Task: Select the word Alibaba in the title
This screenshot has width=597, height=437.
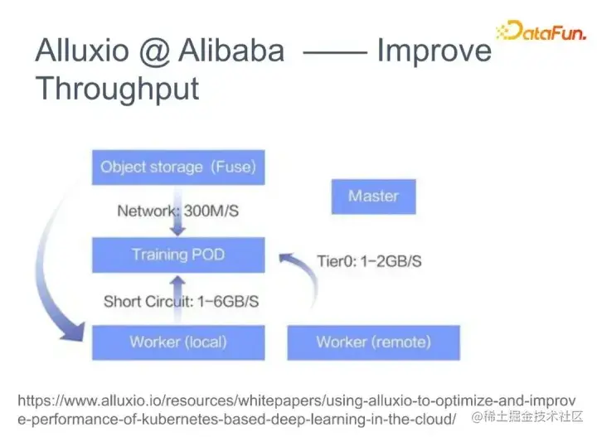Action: pos(229,51)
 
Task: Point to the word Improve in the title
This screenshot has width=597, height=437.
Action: pos(434,52)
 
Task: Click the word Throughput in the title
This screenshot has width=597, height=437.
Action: pos(117,88)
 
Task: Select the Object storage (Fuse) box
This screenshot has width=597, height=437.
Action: pos(178,167)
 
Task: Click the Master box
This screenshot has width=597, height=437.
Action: pos(373,197)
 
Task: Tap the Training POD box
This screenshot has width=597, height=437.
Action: pos(178,255)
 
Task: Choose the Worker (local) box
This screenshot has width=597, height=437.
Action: pos(178,342)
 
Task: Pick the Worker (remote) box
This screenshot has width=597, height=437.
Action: pos(373,342)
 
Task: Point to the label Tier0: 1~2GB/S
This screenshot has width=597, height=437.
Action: pos(369,261)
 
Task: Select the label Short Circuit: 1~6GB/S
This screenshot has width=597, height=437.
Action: pos(181,301)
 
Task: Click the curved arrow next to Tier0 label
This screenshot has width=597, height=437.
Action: pos(303,278)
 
